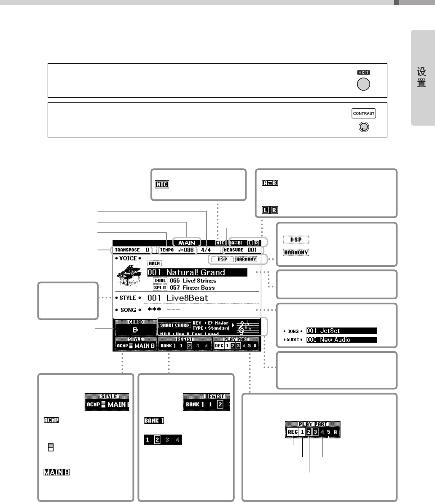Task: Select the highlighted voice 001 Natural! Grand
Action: click(x=197, y=272)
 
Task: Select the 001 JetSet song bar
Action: click(x=341, y=331)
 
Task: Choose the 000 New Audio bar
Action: click(x=341, y=340)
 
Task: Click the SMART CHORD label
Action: click(x=175, y=325)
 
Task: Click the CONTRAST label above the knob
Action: click(x=363, y=113)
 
